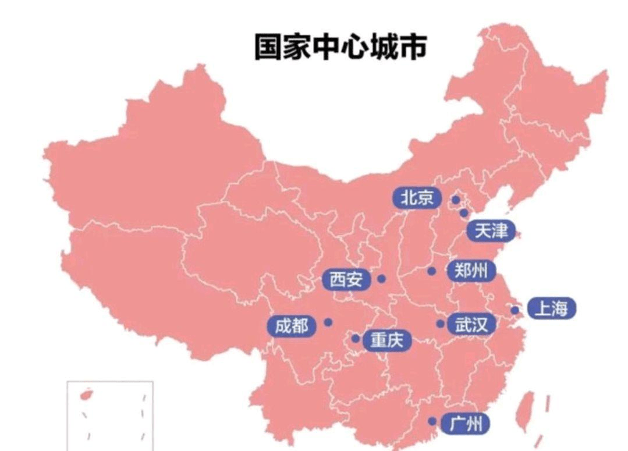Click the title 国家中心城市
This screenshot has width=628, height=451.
point(340,47)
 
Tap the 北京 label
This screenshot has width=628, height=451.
point(417,198)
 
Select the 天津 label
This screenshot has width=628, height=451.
point(491,231)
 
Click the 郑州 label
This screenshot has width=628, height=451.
point(471,271)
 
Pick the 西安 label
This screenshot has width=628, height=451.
point(346,280)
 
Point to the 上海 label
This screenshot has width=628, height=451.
point(551,308)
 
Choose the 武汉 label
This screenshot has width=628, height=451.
point(471,325)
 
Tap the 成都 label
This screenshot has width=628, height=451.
point(292,326)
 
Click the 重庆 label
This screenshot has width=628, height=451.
point(386,340)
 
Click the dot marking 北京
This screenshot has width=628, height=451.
point(456,200)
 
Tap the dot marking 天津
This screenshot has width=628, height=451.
point(463,213)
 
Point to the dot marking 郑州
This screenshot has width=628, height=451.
point(431,271)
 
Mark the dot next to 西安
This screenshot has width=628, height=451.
point(381,279)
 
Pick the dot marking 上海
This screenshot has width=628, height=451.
point(515,310)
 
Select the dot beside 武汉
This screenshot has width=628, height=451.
point(441,324)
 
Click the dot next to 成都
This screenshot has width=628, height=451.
point(328,322)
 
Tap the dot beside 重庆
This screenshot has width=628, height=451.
point(355,338)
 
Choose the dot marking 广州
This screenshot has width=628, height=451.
point(432,421)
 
